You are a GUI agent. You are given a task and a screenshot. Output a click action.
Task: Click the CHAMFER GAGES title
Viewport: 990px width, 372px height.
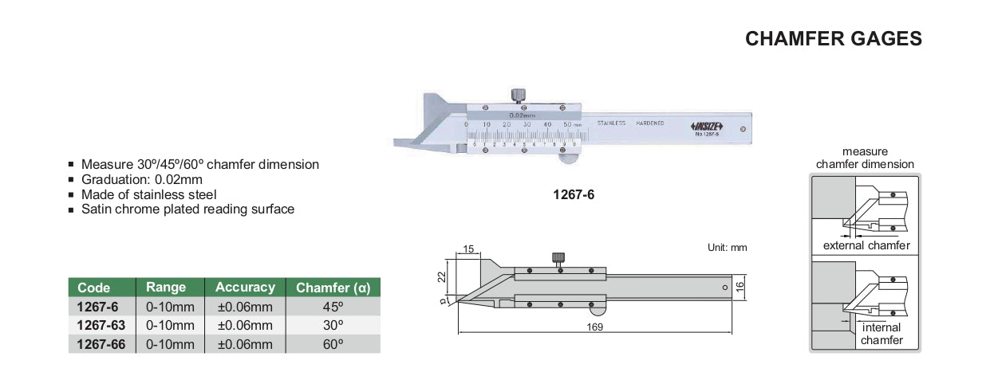coord(833,38)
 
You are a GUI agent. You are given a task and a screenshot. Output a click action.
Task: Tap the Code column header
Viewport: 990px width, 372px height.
coord(94,288)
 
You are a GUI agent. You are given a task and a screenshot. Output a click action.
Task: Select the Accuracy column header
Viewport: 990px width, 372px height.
coord(245,288)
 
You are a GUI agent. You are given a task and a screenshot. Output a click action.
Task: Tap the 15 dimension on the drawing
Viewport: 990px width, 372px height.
coord(468,250)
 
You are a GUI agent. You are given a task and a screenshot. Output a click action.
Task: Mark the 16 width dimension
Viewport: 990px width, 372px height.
coord(740,285)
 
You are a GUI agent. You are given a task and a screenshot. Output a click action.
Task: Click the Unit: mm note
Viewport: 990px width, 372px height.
coord(727,248)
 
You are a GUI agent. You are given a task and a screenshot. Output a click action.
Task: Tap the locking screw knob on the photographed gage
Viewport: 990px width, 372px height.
coord(519,96)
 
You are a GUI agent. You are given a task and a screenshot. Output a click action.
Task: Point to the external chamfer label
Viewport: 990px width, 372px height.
coord(866,246)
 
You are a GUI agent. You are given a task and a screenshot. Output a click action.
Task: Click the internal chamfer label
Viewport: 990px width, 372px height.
coord(882,334)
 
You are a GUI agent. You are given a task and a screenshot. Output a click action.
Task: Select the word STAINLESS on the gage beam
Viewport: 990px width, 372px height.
coord(611,123)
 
